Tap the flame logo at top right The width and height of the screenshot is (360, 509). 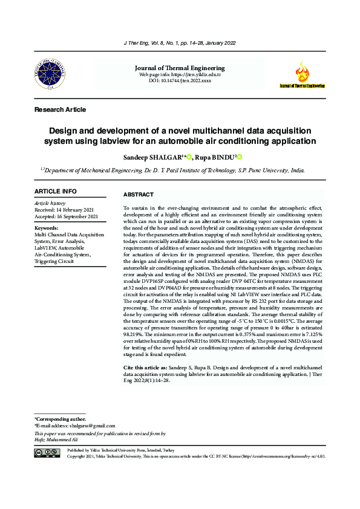click(301, 74)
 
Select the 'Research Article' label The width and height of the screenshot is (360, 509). click(60, 109)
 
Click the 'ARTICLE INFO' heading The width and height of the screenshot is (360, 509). click(56, 192)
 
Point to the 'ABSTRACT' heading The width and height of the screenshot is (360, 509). click(139, 195)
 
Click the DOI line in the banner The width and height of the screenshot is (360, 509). click(180, 80)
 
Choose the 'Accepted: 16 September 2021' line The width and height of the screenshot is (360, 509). click(67, 216)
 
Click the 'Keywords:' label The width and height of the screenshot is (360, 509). click(47, 228)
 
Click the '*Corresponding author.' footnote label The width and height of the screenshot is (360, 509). click(60, 419)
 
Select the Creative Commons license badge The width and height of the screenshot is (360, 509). click(47, 453)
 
